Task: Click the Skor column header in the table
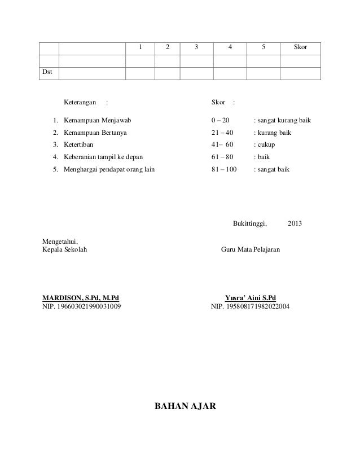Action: coord(300,47)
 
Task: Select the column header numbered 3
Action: coord(196,47)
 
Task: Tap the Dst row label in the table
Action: coord(49,72)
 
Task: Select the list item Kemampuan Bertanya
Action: coord(95,133)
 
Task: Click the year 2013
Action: coord(295,223)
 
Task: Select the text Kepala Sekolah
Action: coord(65,249)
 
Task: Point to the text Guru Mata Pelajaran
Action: coord(254,249)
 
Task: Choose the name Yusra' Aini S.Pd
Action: coord(251,298)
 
